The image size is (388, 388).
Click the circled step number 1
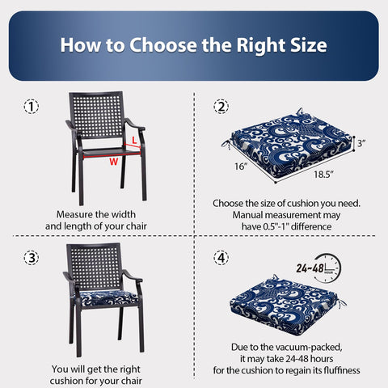32,107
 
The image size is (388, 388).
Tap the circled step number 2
221,107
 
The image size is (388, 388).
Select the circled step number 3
32,258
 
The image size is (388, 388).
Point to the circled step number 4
221,258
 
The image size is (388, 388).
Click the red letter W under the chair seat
114,162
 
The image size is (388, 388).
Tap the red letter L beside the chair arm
134,140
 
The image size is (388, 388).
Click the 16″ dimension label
241,167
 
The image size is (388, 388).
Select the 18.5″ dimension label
323,175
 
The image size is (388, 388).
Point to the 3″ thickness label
361,143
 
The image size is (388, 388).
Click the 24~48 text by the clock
310,268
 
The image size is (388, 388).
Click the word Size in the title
309,45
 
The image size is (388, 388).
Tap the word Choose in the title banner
163,45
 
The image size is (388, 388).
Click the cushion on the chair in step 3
106,297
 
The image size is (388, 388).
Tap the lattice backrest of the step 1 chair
96,115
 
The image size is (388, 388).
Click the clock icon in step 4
327,268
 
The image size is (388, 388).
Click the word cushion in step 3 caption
66,381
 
